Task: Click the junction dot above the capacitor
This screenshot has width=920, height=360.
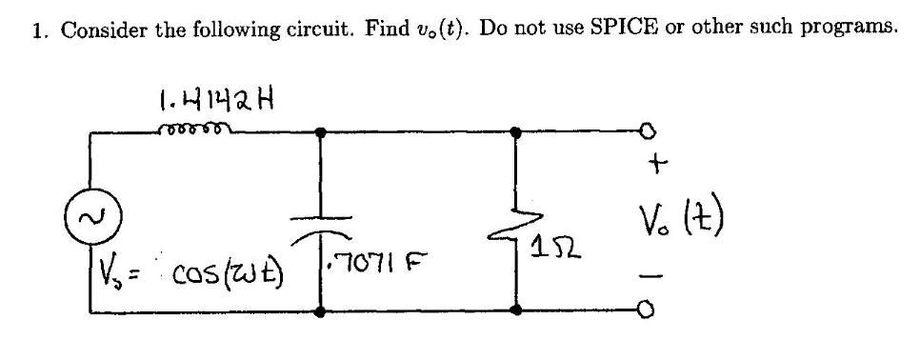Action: (x=319, y=132)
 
